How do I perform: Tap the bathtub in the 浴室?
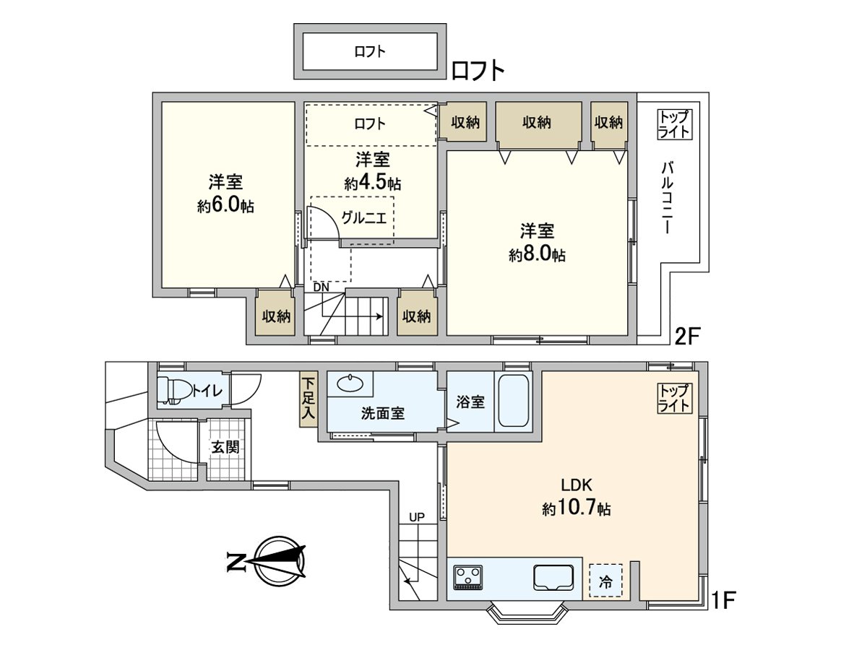513,401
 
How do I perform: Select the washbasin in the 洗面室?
350,383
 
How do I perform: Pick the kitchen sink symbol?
553,577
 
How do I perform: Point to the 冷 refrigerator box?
605,580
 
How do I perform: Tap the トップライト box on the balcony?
675,124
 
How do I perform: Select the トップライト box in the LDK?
675,398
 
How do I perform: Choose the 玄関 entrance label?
225,447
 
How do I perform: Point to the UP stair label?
417,517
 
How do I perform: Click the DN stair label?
321,287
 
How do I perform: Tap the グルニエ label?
364,218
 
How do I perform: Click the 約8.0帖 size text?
537,256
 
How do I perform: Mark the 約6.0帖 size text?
225,206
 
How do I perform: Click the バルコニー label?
667,198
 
